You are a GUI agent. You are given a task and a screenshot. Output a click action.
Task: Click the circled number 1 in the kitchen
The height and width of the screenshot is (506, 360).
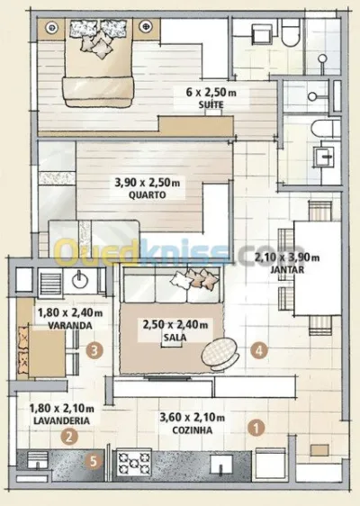point(256,428)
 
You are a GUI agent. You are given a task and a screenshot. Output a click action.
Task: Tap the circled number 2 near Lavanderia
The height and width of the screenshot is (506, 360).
point(69,437)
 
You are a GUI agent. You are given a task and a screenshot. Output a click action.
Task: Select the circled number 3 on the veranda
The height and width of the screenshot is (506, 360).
point(94,350)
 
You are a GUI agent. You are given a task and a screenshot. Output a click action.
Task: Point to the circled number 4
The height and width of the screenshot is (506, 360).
point(259,350)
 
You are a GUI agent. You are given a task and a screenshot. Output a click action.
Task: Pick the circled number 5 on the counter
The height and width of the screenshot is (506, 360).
point(94,461)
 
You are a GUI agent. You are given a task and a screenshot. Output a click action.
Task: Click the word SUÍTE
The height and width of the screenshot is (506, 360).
point(211,104)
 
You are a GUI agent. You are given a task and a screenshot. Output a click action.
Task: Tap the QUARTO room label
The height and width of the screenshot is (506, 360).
point(147,194)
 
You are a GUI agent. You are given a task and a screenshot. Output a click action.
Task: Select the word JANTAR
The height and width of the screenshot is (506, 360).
point(287,269)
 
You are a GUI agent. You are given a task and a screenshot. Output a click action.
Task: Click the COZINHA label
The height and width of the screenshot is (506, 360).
point(193,430)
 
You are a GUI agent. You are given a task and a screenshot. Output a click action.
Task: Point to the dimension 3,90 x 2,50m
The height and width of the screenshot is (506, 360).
point(148,183)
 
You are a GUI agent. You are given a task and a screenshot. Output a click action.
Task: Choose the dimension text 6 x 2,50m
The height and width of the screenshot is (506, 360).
point(211,93)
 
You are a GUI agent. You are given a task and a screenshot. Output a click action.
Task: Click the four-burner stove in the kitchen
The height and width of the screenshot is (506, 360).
point(133,463)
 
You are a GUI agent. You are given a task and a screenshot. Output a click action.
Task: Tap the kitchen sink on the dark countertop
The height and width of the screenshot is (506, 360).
point(221,465)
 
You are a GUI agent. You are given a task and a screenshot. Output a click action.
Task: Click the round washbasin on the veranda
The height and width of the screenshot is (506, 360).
point(78,279)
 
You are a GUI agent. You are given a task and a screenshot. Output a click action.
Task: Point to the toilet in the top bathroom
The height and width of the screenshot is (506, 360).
point(291,32)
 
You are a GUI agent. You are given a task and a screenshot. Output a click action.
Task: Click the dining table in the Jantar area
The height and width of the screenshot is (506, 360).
point(318,268)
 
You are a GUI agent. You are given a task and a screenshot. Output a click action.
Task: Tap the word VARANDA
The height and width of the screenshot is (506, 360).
point(70,325)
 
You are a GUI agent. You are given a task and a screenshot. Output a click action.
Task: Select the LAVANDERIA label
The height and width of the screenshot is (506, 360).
point(61,420)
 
